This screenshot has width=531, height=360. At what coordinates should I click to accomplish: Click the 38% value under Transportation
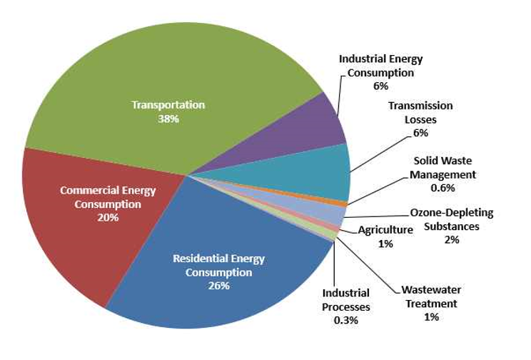tap(168, 118)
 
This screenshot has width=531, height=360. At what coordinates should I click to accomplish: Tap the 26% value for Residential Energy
tap(218, 286)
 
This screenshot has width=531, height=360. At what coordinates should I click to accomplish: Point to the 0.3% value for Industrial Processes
tap(346, 320)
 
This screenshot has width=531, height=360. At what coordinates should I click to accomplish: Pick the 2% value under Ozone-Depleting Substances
tap(451, 239)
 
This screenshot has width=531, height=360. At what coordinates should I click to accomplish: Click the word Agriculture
tap(385, 230)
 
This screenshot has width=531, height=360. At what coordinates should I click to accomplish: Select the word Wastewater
tap(430, 290)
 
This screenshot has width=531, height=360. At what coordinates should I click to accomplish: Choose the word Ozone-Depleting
tap(451, 213)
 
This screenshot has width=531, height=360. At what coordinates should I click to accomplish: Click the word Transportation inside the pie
tap(168, 104)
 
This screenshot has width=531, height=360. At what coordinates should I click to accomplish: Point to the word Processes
tap(346, 306)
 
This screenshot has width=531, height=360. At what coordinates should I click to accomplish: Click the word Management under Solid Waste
tap(443, 174)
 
